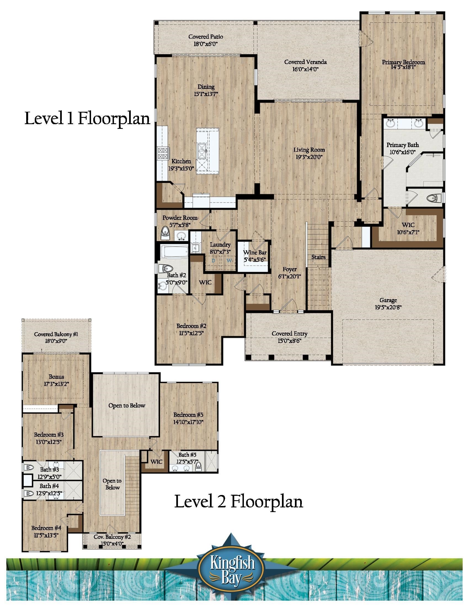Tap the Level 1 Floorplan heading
pyautogui.click(x=87, y=119)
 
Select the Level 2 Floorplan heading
pyautogui.click(x=238, y=502)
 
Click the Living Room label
pyautogui.click(x=309, y=150)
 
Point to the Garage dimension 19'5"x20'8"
pyautogui.click(x=388, y=307)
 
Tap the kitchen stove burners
pyautogui.click(x=163, y=153)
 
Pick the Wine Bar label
pyautogui.click(x=255, y=252)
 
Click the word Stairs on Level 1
pyautogui.click(x=318, y=257)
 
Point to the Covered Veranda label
pyautogui.click(x=305, y=62)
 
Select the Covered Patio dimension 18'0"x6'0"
pyautogui.click(x=205, y=44)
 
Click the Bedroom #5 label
pyautogui.click(x=188, y=415)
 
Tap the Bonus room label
pyautogui.click(x=56, y=377)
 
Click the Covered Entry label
pyautogui.click(x=289, y=333)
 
